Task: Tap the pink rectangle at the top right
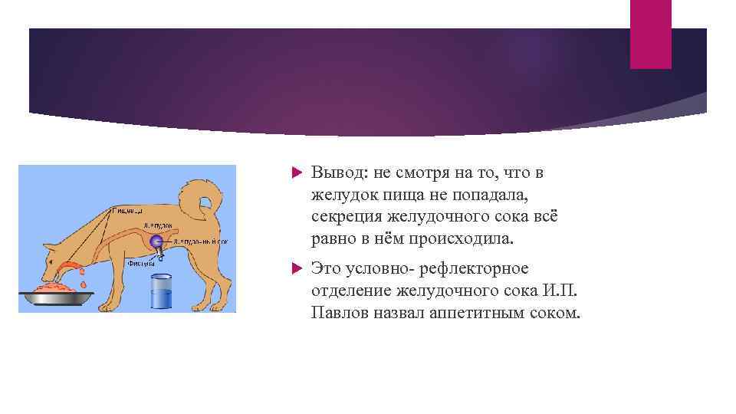(650, 34)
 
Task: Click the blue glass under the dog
(161, 292)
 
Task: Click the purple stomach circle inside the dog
(157, 242)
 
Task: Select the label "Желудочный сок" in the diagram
(200, 241)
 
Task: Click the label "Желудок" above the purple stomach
(157, 226)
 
